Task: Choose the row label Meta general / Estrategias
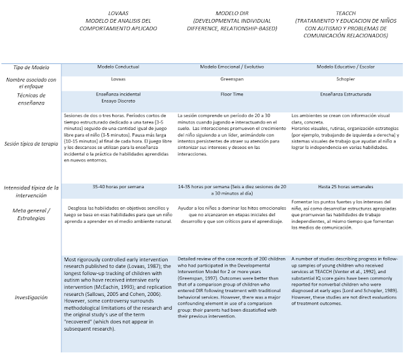31,214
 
